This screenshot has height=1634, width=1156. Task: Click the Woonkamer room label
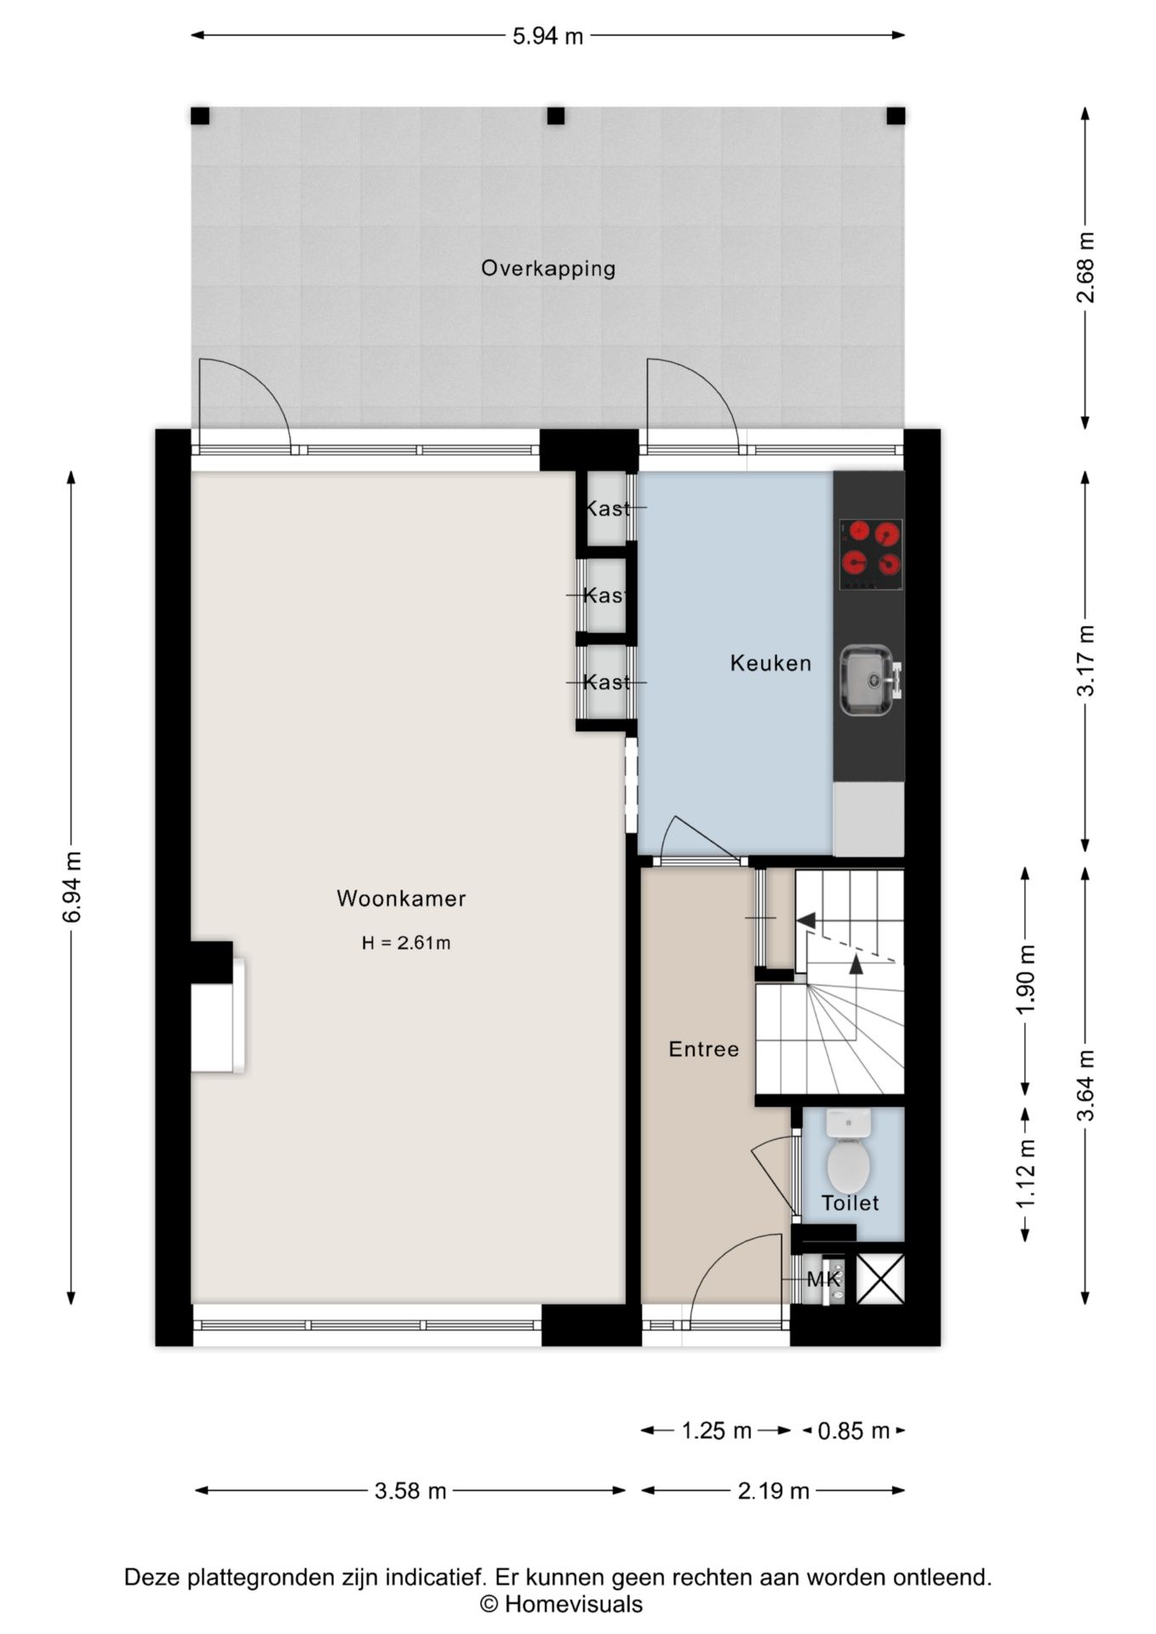[401, 899]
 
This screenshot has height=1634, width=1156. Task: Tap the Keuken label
[770, 663]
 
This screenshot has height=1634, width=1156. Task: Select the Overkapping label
[548, 269]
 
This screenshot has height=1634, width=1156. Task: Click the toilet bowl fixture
[848, 1150]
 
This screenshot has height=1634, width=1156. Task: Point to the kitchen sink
[868, 680]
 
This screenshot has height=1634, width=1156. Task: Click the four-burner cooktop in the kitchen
[871, 554]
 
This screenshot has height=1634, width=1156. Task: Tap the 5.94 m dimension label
[548, 36]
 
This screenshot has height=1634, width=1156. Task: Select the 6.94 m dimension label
[72, 887]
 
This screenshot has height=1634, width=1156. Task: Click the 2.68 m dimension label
[1085, 268]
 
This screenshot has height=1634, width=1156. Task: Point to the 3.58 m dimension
[410, 1490]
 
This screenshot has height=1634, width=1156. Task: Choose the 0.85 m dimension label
[854, 1431]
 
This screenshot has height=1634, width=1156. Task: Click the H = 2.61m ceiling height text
[406, 943]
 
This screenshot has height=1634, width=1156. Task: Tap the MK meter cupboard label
[823, 1279]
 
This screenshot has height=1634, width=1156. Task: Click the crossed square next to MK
[880, 1279]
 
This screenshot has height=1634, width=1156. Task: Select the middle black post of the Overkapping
[556, 116]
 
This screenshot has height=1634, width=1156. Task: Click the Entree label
[704, 1049]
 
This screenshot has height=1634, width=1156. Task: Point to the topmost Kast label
[607, 509]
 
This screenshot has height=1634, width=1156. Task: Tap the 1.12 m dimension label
[1026, 1174]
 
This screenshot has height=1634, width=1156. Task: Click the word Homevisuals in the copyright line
[574, 1605]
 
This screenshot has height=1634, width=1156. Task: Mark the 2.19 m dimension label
[773, 1490]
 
